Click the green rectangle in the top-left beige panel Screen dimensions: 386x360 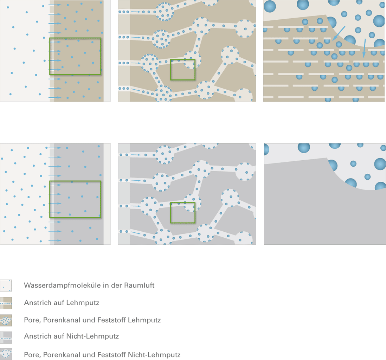point(75,38)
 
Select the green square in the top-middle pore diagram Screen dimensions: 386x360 point(183,59)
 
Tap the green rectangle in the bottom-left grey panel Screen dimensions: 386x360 point(75,181)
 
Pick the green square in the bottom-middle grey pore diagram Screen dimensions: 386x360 point(183,203)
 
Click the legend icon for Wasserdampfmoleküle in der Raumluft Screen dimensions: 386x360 point(6,285)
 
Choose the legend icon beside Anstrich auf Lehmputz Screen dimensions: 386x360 point(6,303)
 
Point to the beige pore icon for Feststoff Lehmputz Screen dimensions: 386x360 point(6,320)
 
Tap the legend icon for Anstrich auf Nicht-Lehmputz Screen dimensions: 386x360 point(6,337)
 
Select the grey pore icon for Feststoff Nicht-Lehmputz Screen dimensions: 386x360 point(6,354)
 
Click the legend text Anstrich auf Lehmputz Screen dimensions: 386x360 point(62,303)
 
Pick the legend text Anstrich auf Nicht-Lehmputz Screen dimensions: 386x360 point(71,336)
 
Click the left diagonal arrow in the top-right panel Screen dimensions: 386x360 point(339,33)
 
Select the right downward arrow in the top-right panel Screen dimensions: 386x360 point(364,48)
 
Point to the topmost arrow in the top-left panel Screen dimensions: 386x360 point(55,5)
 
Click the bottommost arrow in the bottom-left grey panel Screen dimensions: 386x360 point(55,240)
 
